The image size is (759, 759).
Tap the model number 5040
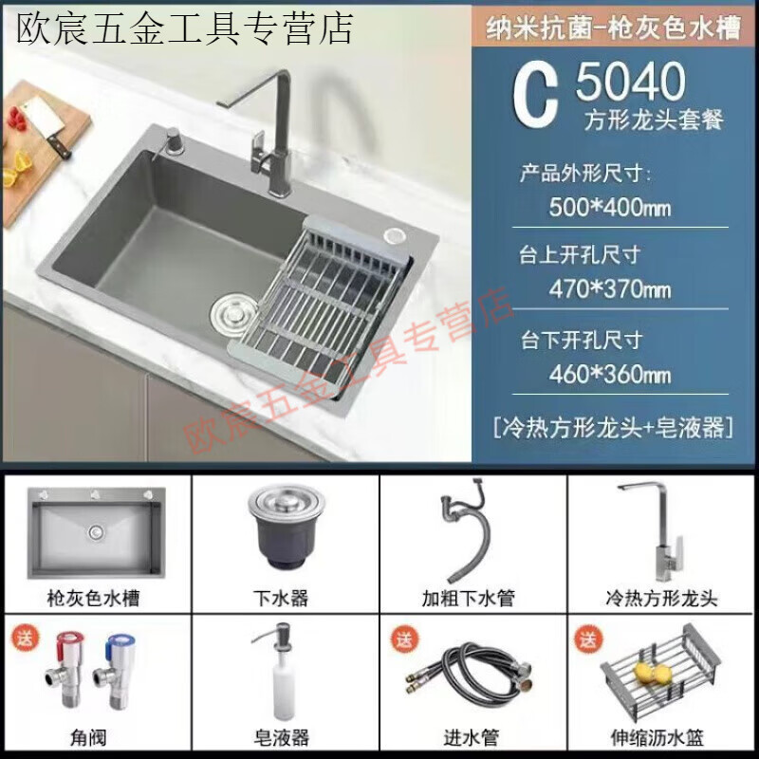coord(630,83)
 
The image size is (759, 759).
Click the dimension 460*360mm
coord(610,373)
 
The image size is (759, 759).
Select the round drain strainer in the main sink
coord(231,310)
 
